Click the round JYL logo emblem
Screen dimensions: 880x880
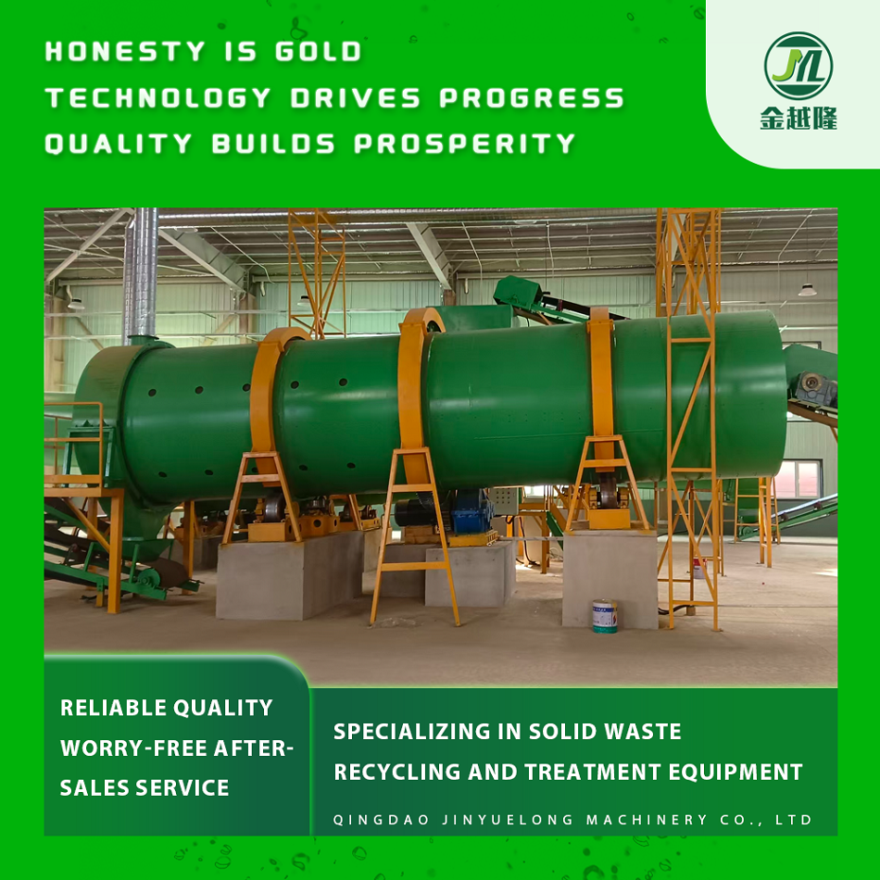(798, 66)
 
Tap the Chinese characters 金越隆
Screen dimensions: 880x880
(798, 118)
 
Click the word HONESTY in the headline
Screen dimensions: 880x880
(125, 51)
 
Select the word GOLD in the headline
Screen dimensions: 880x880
(319, 51)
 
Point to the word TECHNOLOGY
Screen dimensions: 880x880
(158, 97)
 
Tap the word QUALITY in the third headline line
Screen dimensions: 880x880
(119, 144)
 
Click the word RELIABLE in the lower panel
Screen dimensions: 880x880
(113, 708)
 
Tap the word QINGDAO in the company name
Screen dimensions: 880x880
(382, 820)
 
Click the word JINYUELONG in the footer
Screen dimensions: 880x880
(508, 820)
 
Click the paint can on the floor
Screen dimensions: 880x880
(605, 616)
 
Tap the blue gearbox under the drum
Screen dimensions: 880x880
(472, 511)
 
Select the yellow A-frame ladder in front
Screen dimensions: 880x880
(414, 536)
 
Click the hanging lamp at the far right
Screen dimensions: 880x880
(807, 290)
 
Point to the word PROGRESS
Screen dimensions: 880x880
(532, 97)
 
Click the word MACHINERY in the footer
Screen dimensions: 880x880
(647, 820)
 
